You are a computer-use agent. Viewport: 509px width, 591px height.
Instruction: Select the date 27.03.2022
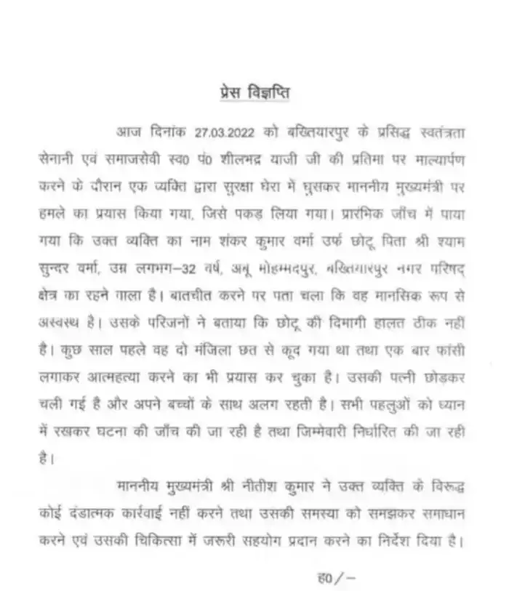click(x=221, y=131)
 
